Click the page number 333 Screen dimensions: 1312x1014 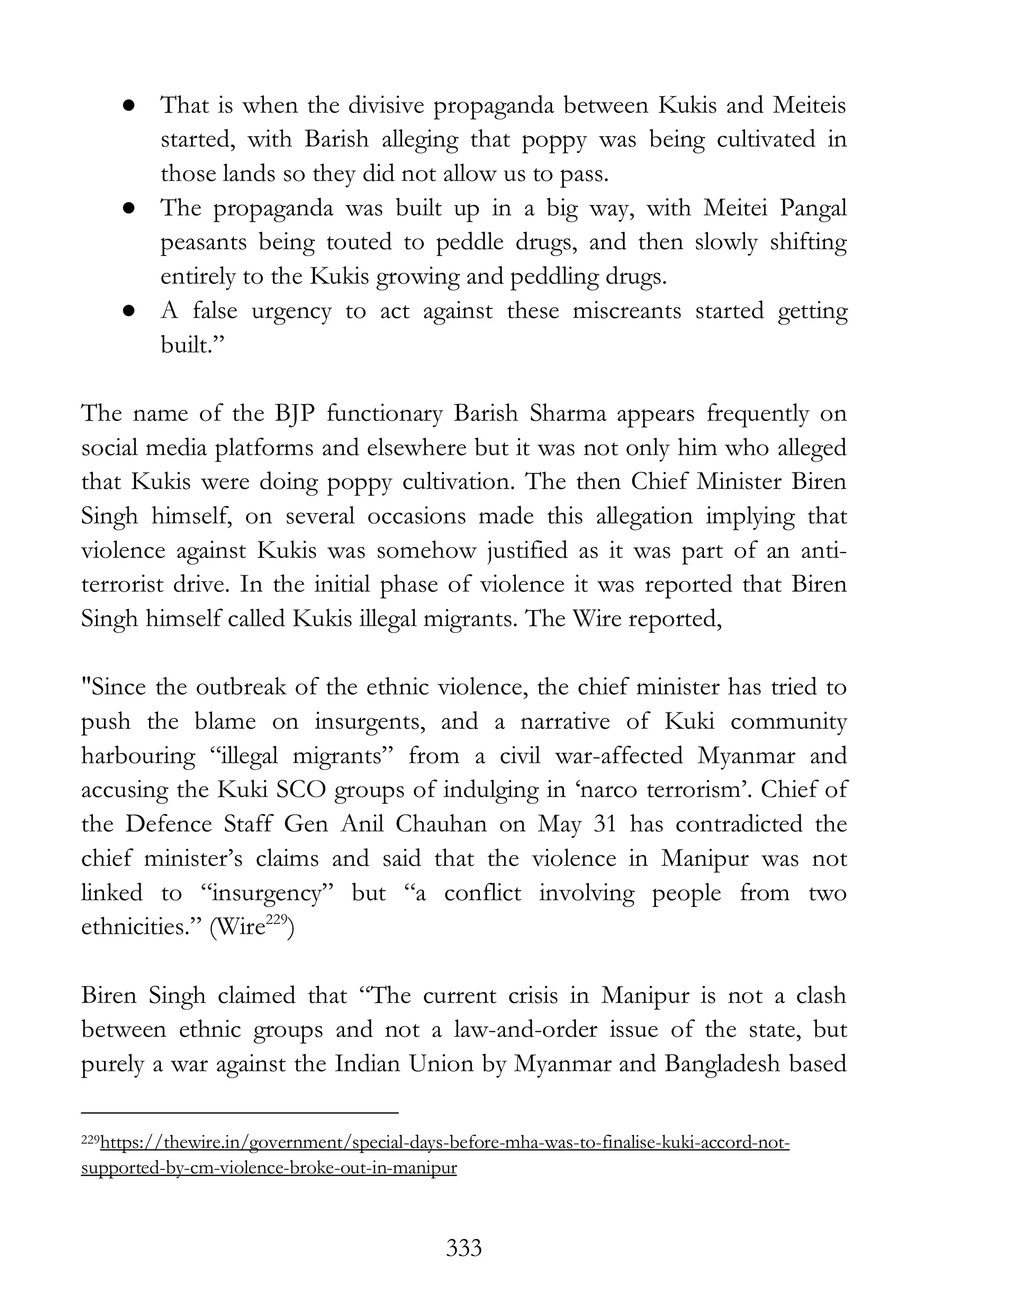point(464,1248)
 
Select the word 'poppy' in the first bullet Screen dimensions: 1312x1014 point(554,140)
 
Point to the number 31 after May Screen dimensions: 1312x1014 point(605,824)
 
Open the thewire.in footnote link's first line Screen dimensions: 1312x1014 point(445,1142)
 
